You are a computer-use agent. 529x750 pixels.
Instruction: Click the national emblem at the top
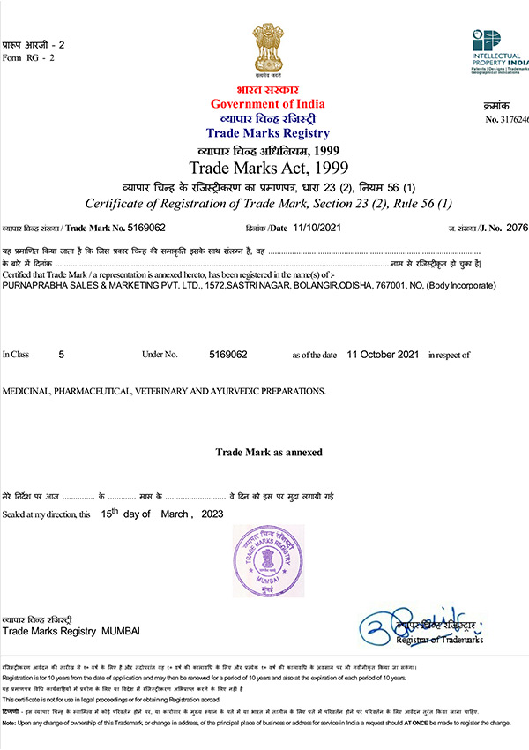point(266,52)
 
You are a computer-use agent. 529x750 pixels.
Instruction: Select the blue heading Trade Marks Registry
point(267,133)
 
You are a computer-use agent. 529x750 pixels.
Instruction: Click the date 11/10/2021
point(317,228)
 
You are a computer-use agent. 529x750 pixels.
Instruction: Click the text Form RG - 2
point(28,57)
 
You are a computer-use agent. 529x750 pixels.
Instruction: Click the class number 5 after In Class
point(61,354)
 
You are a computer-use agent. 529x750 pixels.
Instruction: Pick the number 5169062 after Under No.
point(227,354)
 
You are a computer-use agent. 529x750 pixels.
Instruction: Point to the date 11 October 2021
point(383,354)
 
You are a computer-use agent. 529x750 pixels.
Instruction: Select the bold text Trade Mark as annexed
point(269,452)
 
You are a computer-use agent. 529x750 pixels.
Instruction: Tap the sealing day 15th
point(109,513)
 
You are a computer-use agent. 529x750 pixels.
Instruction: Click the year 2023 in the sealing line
point(212,514)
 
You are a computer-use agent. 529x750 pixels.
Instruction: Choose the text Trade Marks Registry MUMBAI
point(71,632)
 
